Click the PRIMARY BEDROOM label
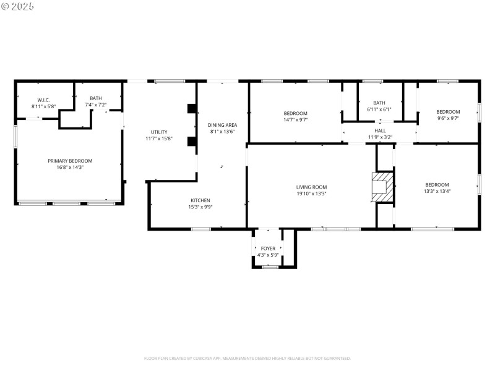click(69, 161)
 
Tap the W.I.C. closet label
click(43, 100)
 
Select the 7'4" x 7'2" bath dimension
click(96, 105)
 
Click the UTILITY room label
click(159, 132)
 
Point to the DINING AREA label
click(223, 125)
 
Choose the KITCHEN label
click(200, 200)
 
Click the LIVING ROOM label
click(311, 187)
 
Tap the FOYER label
click(267, 249)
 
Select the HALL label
click(380, 130)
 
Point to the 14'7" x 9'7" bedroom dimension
click(295, 120)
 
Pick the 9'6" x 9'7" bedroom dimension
click(448, 118)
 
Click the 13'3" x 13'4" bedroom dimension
click(437, 192)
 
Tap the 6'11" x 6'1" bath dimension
click(379, 109)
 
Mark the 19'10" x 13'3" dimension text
click(311, 194)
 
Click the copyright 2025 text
click(18, 6)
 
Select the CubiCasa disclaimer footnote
click(247, 358)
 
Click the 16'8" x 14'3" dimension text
click(69, 167)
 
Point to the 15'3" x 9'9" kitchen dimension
click(200, 207)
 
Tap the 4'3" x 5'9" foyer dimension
click(267, 255)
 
